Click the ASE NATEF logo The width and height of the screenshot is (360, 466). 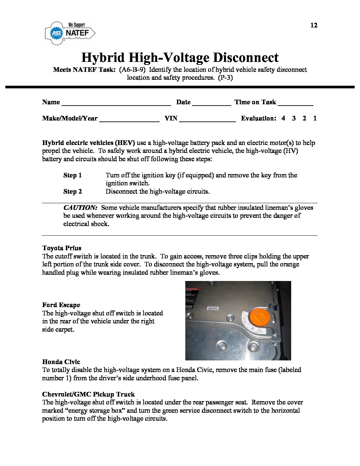click(x=70, y=33)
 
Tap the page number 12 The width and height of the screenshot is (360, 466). click(x=314, y=25)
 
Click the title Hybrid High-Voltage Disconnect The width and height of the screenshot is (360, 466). click(x=180, y=58)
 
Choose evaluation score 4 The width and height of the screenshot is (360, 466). click(x=283, y=118)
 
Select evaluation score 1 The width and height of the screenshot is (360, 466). click(x=315, y=118)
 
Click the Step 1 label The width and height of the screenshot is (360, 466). click(x=72, y=175)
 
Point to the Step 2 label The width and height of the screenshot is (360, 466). click(x=72, y=191)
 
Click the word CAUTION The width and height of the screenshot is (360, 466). click(x=80, y=208)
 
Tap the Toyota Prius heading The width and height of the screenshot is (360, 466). click(x=62, y=248)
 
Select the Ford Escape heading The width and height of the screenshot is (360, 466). click(x=61, y=305)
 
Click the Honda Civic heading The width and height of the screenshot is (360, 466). click(x=61, y=362)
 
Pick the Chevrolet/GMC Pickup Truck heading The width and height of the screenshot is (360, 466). click(x=88, y=394)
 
